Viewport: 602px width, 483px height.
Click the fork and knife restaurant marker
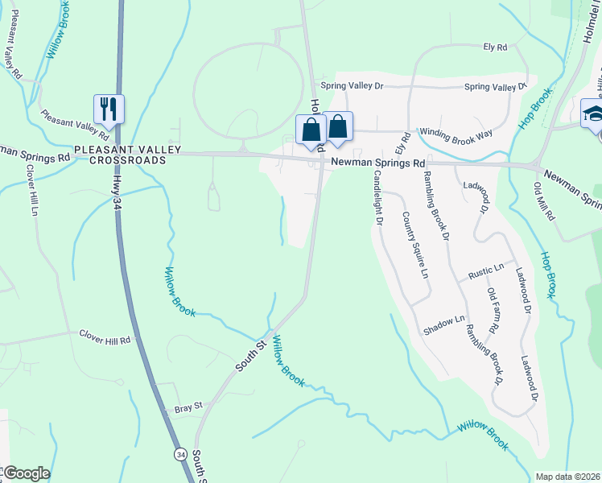(x=109, y=109)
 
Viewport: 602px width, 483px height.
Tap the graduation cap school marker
(x=593, y=113)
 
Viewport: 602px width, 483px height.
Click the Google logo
(x=26, y=473)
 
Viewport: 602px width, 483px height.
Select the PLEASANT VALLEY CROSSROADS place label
(x=120, y=155)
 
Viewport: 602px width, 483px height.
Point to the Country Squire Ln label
(x=414, y=245)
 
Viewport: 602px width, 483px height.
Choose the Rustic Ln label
(x=486, y=270)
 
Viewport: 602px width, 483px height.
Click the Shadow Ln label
(x=444, y=325)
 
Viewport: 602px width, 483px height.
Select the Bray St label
(x=188, y=409)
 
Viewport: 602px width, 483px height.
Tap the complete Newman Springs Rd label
(x=377, y=163)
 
